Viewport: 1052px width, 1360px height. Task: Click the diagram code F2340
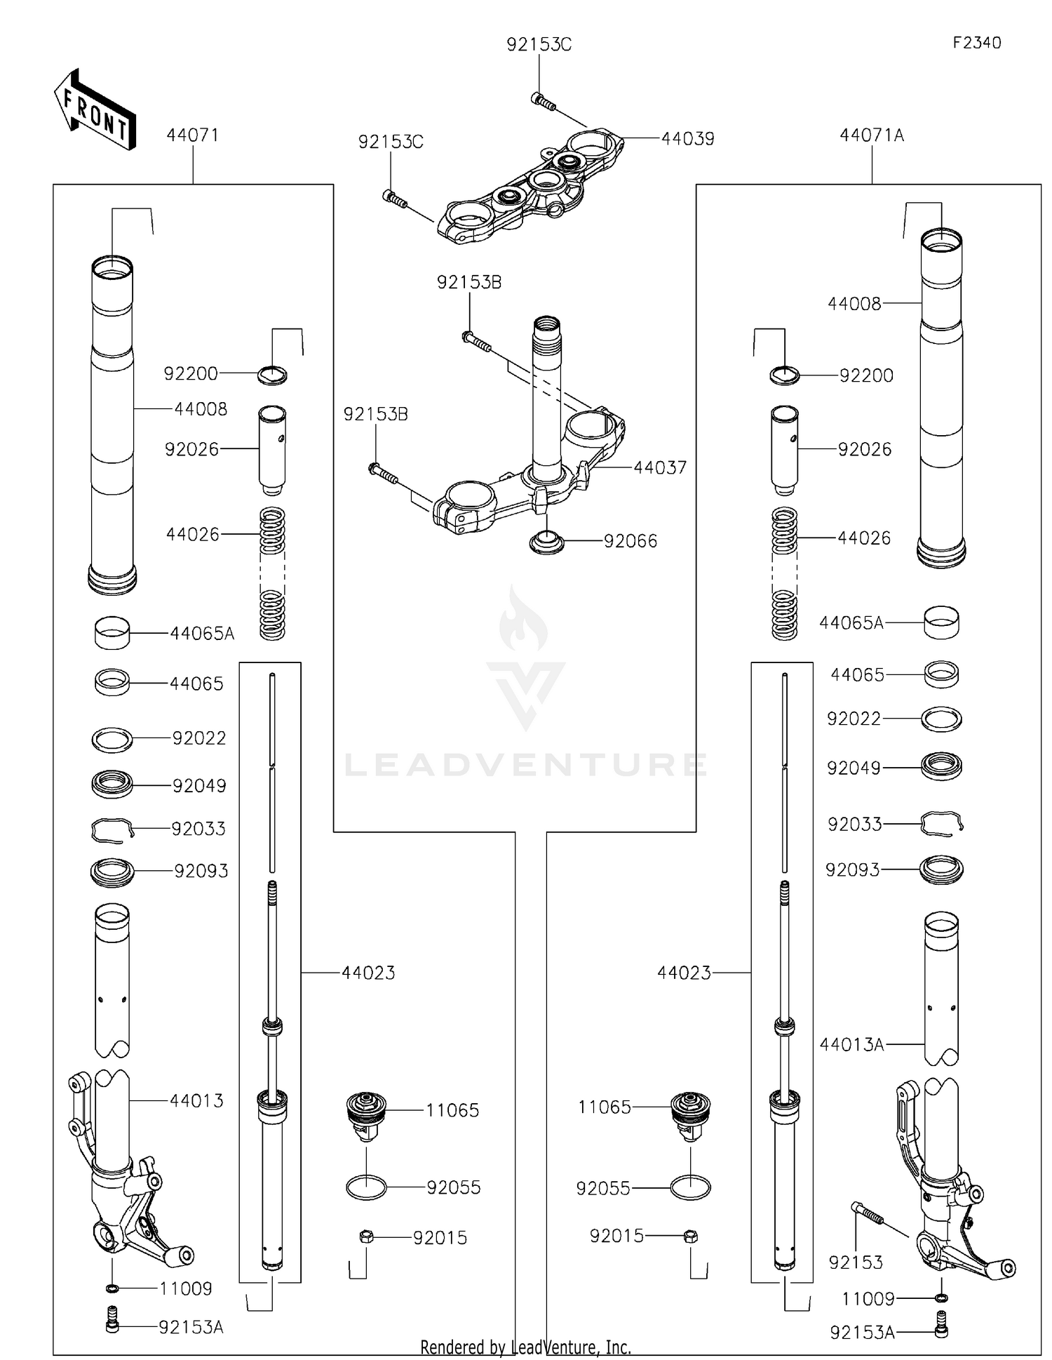(x=976, y=43)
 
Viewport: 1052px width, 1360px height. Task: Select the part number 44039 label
(x=687, y=139)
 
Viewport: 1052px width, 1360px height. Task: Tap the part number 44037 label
(x=659, y=467)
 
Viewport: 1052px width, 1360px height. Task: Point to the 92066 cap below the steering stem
(x=546, y=542)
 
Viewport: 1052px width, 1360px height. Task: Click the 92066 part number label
(x=630, y=541)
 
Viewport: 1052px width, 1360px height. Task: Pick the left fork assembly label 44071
(x=192, y=135)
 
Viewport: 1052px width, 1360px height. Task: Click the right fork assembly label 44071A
(x=871, y=135)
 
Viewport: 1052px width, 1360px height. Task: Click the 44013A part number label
(x=851, y=1044)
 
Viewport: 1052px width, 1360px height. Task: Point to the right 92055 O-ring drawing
(x=690, y=1187)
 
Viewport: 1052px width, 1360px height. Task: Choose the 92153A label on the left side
(x=191, y=1327)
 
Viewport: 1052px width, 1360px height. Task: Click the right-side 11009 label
(x=868, y=1299)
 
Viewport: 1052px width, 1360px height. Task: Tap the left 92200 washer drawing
(x=272, y=375)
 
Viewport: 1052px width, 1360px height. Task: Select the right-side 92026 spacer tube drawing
(x=784, y=450)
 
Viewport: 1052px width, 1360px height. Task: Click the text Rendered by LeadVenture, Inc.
(x=525, y=1347)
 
